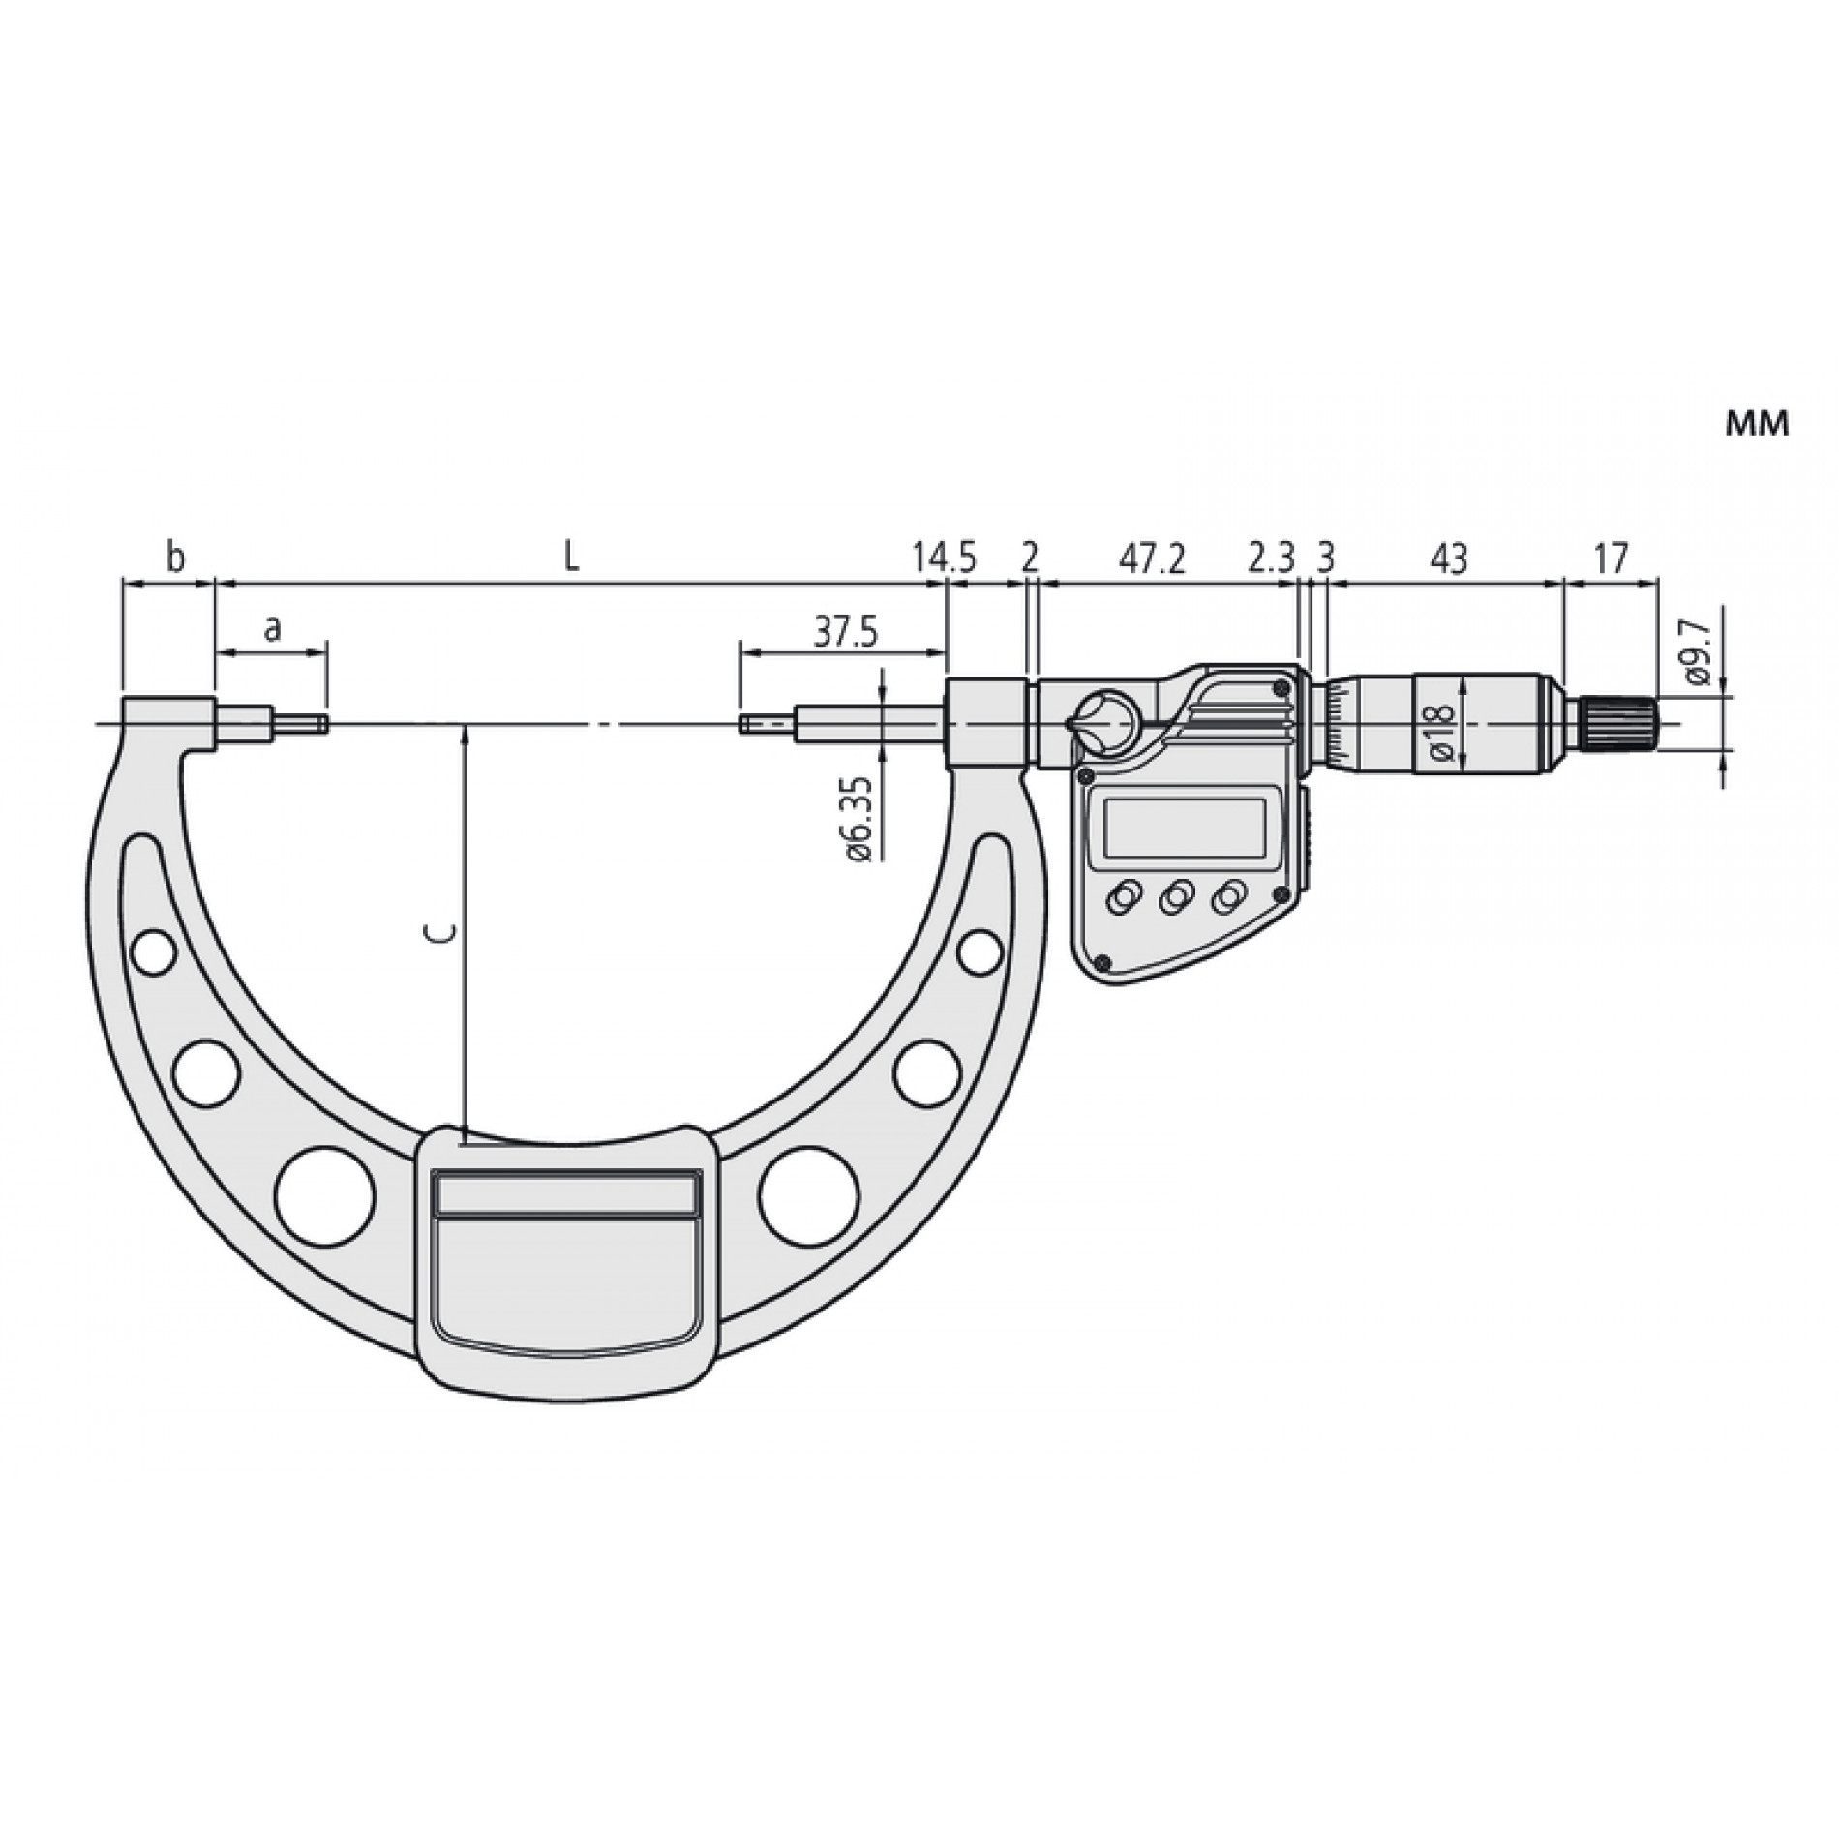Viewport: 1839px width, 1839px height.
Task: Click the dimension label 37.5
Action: click(844, 633)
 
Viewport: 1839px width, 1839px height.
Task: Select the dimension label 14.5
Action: click(944, 558)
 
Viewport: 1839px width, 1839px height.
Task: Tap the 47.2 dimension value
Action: click(1153, 558)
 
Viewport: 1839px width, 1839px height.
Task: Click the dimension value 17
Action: click(1610, 558)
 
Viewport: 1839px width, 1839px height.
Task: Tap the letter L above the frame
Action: click(572, 558)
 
